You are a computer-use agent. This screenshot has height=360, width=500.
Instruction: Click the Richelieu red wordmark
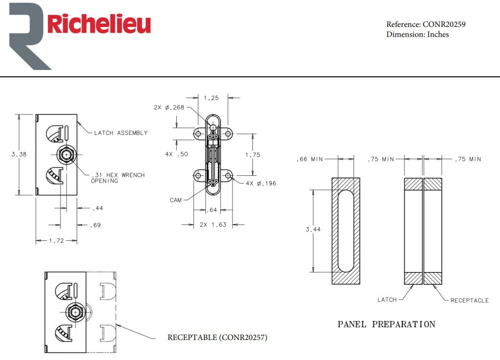(99, 24)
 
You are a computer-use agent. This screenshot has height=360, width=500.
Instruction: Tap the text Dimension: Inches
(417, 34)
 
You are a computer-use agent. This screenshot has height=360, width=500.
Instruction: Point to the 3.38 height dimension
(19, 154)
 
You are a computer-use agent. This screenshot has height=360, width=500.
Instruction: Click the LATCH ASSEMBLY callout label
(121, 133)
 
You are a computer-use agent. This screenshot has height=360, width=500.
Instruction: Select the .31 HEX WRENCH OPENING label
(118, 178)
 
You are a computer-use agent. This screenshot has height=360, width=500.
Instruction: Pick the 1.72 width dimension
(57, 241)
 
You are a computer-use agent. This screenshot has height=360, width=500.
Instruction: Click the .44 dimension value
(98, 209)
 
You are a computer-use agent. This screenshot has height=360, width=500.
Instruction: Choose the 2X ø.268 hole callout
(169, 107)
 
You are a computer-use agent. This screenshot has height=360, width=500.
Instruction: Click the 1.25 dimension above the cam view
(211, 98)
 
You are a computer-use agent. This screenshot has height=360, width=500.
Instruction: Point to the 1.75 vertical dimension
(253, 155)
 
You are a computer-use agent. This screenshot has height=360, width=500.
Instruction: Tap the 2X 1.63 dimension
(213, 225)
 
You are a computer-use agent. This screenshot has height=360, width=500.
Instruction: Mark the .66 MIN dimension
(310, 159)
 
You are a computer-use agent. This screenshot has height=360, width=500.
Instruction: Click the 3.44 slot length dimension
(312, 230)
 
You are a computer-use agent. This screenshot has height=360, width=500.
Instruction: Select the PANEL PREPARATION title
(386, 324)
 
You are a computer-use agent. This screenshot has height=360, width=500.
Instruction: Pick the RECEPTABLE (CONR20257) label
(217, 338)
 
